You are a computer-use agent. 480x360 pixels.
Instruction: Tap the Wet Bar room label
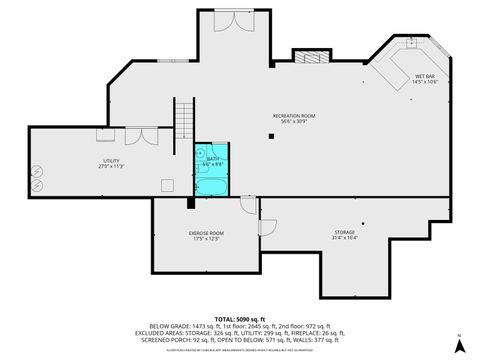pyautogui.click(x=425, y=75)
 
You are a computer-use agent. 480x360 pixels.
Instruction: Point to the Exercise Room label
pyautogui.click(x=206, y=233)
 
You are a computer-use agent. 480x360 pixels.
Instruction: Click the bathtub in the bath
pyautogui.click(x=212, y=187)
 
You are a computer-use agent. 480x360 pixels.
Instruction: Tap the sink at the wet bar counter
pyautogui.click(x=410, y=44)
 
